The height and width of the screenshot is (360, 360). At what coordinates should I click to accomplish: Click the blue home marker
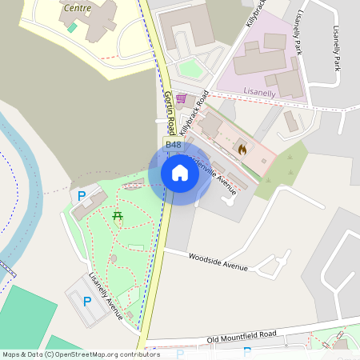pyautogui.click(x=180, y=173)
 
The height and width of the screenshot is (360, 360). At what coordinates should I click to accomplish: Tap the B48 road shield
pyautogui.click(x=172, y=144)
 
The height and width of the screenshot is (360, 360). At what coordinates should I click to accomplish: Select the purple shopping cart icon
pyautogui.click(x=182, y=99)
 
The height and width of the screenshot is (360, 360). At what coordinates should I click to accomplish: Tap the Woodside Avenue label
pyautogui.click(x=218, y=262)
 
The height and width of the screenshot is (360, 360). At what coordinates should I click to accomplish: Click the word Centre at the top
pyautogui.click(x=76, y=8)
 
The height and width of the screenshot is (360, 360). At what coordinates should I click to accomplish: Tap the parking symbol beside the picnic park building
pyautogui.click(x=81, y=195)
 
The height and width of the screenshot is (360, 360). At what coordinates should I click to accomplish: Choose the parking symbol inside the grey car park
pyautogui.click(x=86, y=301)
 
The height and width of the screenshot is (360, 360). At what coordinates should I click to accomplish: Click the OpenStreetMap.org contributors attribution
pyautogui.click(x=104, y=354)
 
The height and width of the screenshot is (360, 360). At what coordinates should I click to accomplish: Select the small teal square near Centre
pyautogui.click(x=72, y=27)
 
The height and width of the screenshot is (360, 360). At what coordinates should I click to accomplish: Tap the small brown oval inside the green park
pyautogui.click(x=114, y=258)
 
